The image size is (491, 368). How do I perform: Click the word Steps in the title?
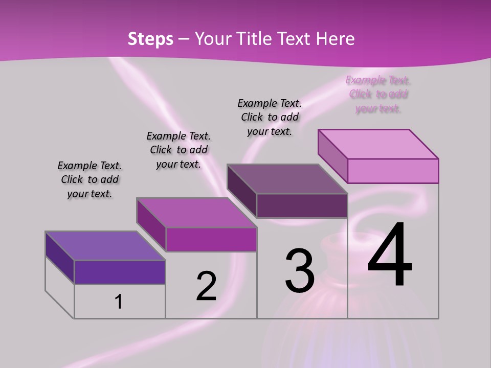click(x=150, y=39)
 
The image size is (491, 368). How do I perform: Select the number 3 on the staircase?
click(x=300, y=271)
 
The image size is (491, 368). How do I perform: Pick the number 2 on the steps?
click(x=207, y=286)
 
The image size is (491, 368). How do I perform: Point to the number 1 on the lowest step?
click(x=119, y=302)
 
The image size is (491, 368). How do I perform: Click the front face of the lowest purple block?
click(x=120, y=272)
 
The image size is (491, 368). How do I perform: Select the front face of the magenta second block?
click(x=211, y=239)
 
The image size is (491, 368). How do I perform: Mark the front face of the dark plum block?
click(x=302, y=205)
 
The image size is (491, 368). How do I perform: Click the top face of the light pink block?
click(x=378, y=144)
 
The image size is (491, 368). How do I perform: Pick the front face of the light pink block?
click(x=393, y=171)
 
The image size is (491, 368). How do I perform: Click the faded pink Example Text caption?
click(x=378, y=94)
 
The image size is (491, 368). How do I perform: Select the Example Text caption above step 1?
click(x=90, y=179)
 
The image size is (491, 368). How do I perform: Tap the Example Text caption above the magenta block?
click(x=178, y=150)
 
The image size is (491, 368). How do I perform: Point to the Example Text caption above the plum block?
click(x=270, y=117)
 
